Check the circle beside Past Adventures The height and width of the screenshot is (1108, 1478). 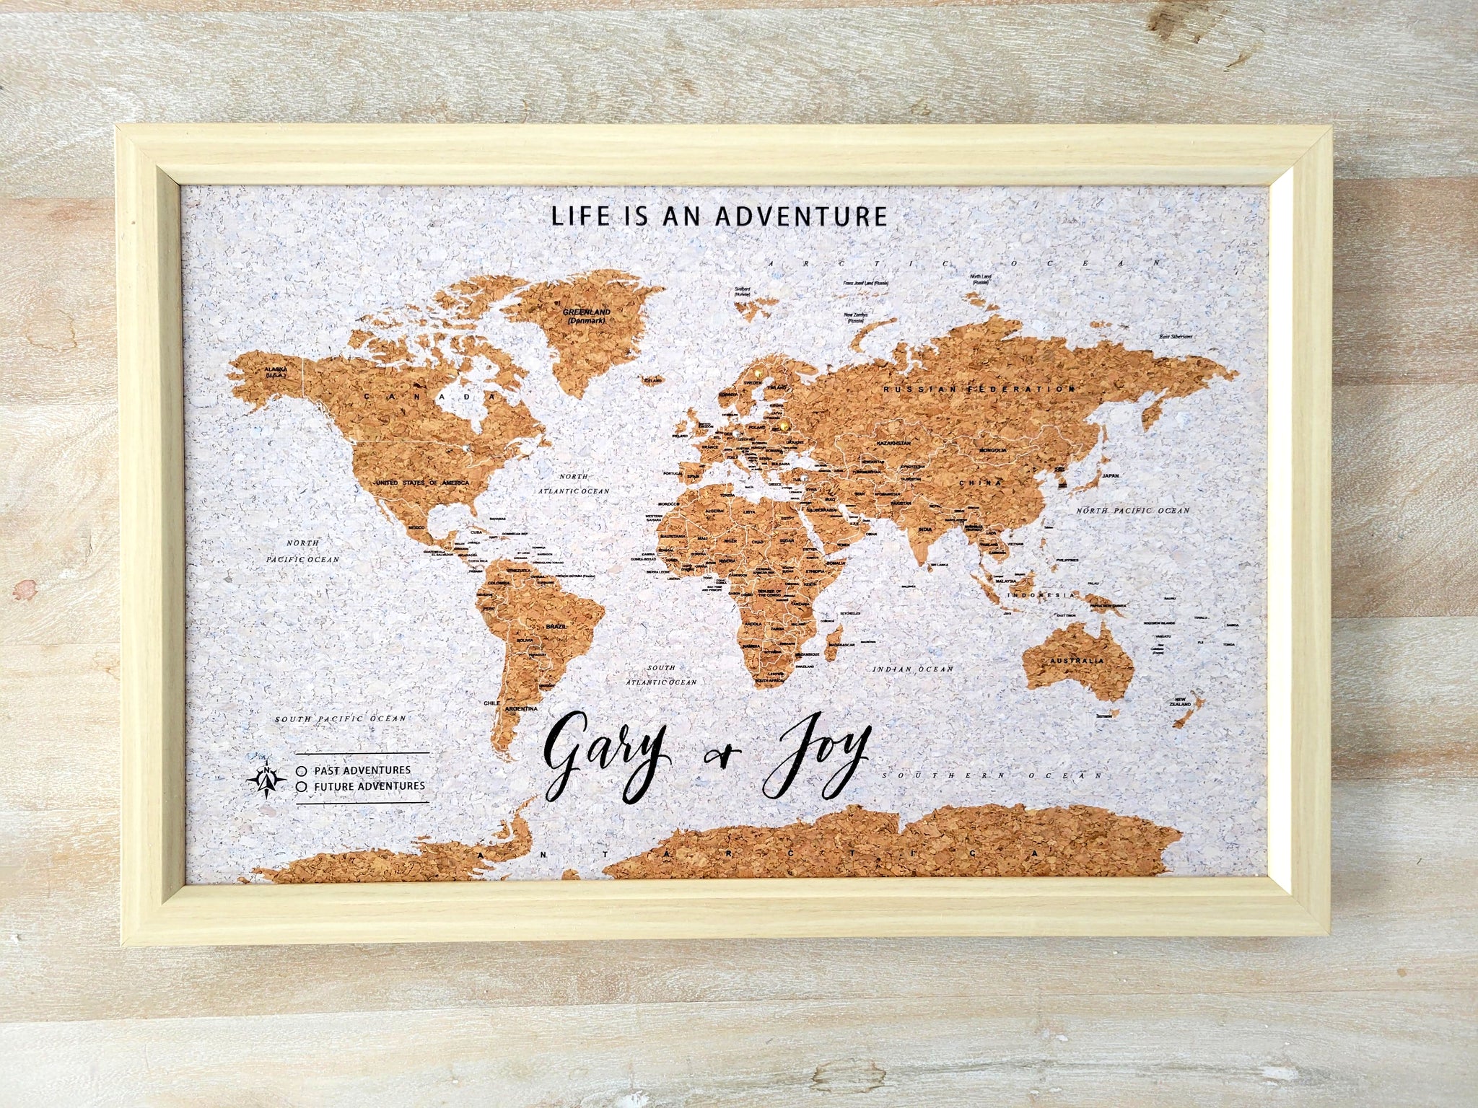coord(300,770)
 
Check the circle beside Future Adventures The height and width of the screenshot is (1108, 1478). coord(300,786)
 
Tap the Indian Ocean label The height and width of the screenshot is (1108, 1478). coord(912,669)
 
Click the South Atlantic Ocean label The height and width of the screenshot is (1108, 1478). coord(661,674)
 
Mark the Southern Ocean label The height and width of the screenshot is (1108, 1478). coord(992,775)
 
